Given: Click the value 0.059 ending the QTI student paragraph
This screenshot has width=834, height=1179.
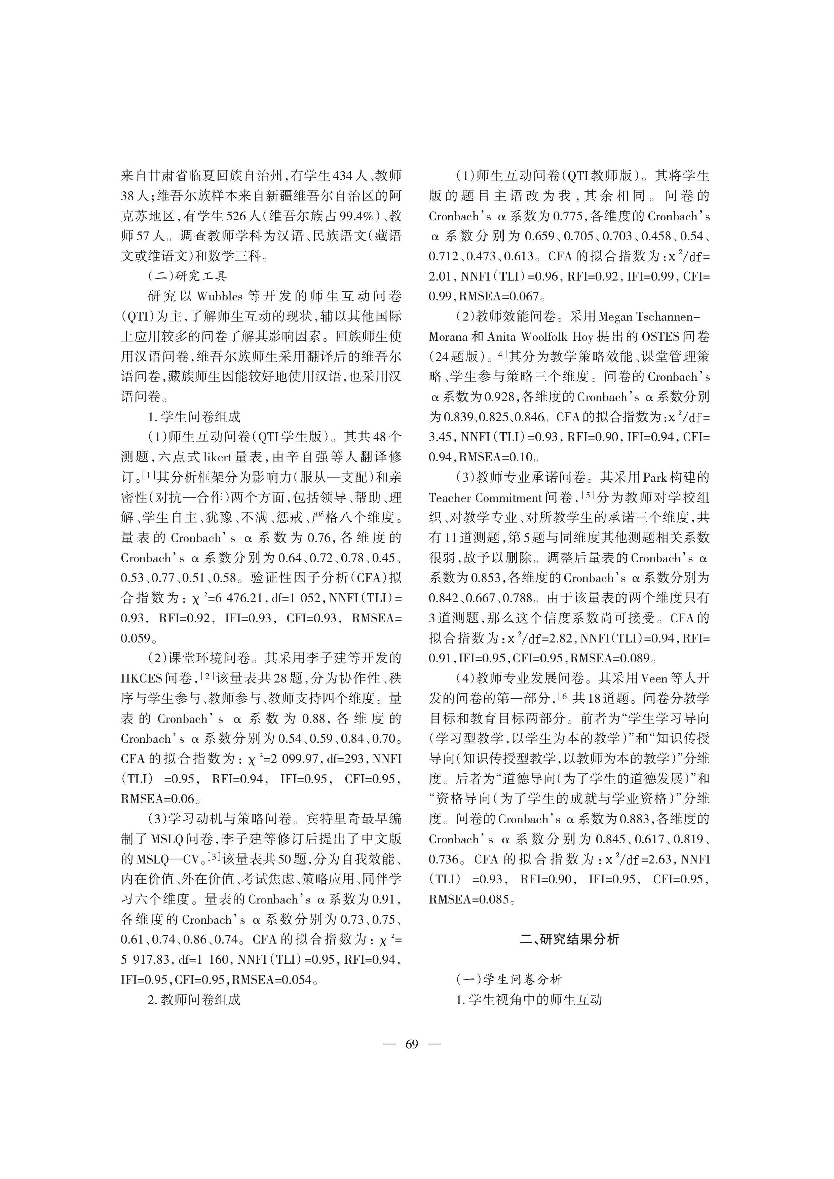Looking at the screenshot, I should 136,638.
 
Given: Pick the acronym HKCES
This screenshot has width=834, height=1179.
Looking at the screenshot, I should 142,678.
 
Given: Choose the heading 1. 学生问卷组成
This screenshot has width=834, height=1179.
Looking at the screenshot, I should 194,417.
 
